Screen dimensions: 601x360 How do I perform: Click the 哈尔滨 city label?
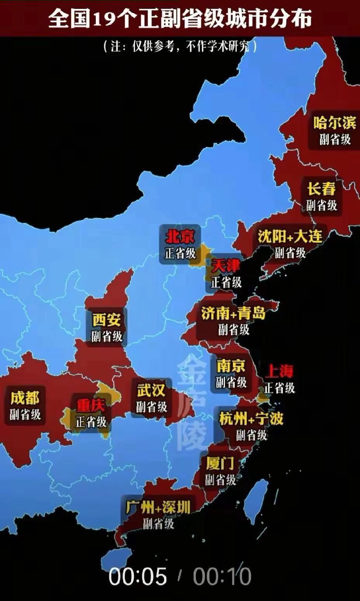pyautogui.click(x=334, y=123)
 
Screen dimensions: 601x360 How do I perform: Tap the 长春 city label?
pyautogui.click(x=322, y=189)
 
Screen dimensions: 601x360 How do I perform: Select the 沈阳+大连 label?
pyautogui.click(x=290, y=236)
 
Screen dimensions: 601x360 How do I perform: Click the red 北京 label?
pyautogui.click(x=180, y=237)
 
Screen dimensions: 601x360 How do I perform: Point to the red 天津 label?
pyautogui.click(x=226, y=266)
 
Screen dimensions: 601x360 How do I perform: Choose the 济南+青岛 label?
pyautogui.click(x=233, y=313)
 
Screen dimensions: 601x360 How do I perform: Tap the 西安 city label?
pyautogui.click(x=107, y=320)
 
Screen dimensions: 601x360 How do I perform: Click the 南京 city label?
pyautogui.click(x=231, y=366)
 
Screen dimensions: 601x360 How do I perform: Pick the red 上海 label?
pyautogui.click(x=279, y=372)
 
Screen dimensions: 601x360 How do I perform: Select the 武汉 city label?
pyautogui.click(x=151, y=390)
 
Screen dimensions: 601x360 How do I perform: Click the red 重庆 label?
pyautogui.click(x=91, y=405)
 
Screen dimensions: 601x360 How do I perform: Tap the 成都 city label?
pyautogui.click(x=25, y=398)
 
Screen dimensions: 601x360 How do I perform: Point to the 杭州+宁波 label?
pyautogui.click(x=251, y=419)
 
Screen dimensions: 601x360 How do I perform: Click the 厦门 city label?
pyautogui.click(x=220, y=463)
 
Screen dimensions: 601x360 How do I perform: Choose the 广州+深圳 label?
pyautogui.click(x=158, y=507)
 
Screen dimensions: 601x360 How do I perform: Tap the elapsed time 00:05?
pyautogui.click(x=138, y=576)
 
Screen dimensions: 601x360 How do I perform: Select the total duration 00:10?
pyautogui.click(x=222, y=576)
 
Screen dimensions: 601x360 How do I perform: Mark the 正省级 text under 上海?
pyautogui.click(x=279, y=387)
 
